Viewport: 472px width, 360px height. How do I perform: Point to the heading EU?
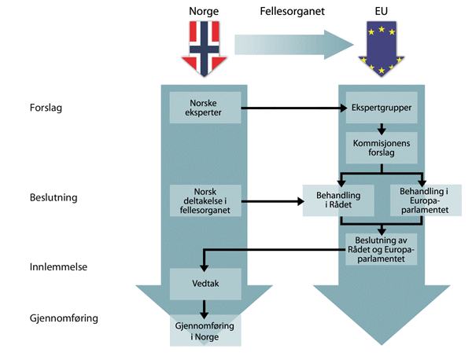tap(381, 12)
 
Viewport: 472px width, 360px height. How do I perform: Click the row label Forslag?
tap(46, 108)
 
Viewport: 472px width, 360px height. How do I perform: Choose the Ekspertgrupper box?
tap(381, 108)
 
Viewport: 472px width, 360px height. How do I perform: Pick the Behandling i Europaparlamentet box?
tap(422, 200)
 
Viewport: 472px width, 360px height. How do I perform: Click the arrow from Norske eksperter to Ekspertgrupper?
tap(291, 108)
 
